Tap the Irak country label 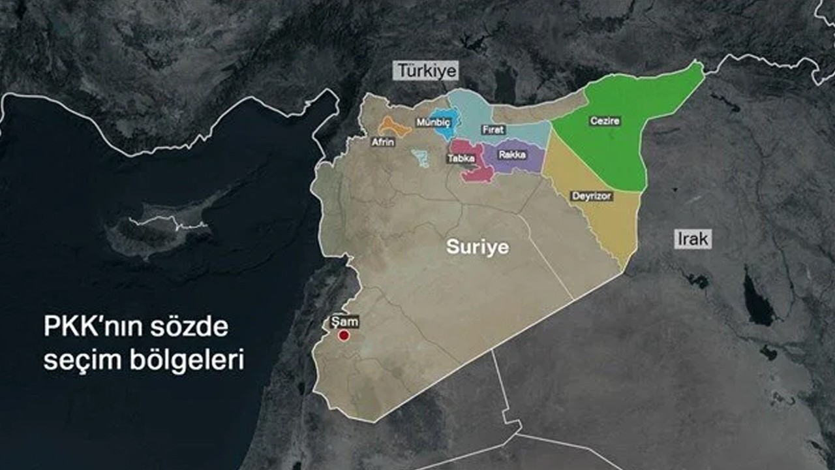pos(692,239)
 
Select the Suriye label pos(477,247)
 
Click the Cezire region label pos(605,121)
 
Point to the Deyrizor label pos(591,196)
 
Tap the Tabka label pos(461,158)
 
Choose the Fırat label pos(493,130)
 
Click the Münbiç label pos(433,122)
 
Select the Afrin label pos(382,142)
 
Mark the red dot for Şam pos(343,336)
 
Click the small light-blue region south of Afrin pos(421,157)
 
